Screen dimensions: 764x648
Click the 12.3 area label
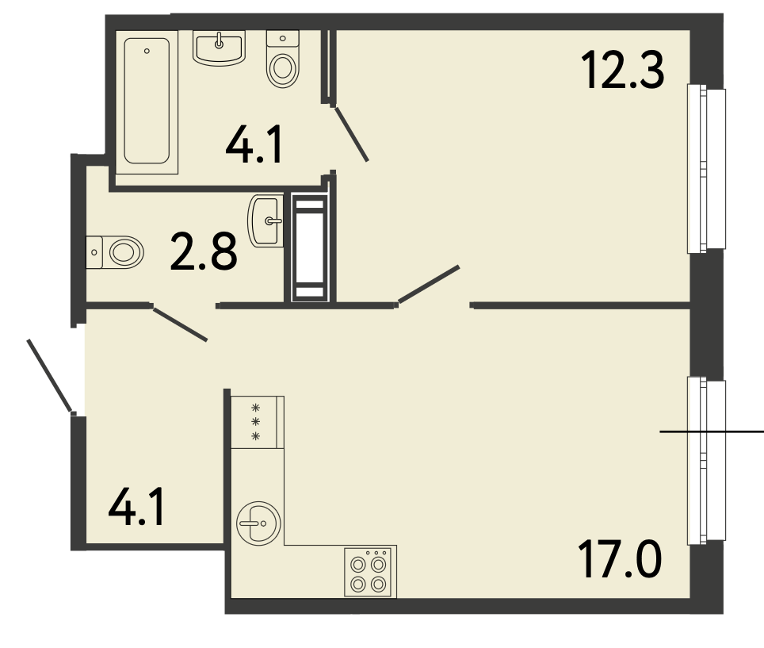[x=622, y=71]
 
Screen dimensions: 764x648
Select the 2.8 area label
[x=204, y=251]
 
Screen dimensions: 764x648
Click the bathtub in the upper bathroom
[x=147, y=102]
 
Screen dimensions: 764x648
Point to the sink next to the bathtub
[x=219, y=48]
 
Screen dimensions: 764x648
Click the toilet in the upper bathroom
[x=283, y=59]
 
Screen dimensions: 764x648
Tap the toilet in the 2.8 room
[x=115, y=252]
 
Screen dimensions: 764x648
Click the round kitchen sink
[x=258, y=523]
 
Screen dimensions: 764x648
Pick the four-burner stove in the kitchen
[x=370, y=571]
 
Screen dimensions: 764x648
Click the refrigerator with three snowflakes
[x=258, y=422]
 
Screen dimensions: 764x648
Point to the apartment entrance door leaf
[x=49, y=376]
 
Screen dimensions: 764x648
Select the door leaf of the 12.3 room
[x=428, y=285]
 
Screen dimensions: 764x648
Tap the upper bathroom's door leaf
[x=351, y=134]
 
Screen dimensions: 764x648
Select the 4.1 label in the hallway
[x=136, y=508]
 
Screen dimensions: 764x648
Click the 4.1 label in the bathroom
[x=254, y=145]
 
